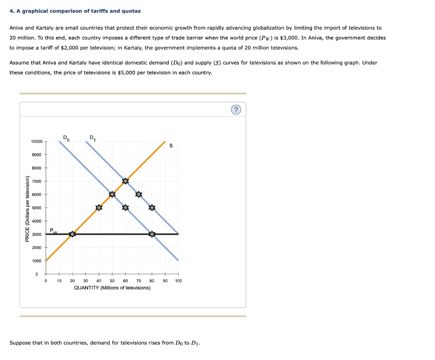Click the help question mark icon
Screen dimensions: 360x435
point(236,110)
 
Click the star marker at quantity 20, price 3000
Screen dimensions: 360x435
point(72,234)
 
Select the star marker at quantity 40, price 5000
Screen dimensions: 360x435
point(99,207)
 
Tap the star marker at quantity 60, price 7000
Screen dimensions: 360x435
point(125,181)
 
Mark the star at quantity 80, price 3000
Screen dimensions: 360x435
point(152,234)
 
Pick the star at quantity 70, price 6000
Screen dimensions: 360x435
point(138,194)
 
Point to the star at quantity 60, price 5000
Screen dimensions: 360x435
point(125,207)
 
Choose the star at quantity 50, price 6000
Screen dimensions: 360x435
point(112,194)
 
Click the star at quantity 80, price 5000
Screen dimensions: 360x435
point(152,207)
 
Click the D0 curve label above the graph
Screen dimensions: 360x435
point(65,137)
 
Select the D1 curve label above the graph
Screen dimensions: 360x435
point(93,137)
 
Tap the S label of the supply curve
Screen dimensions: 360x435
point(171,146)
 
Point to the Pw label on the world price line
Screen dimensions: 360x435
point(53,231)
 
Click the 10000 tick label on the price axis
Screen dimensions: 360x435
point(37,141)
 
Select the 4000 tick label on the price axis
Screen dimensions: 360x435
point(37,221)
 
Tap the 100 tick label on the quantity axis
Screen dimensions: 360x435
point(178,281)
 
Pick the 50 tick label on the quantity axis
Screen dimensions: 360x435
point(112,281)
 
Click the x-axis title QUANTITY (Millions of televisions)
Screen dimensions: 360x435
point(112,288)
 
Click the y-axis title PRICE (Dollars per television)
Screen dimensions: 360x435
point(27,209)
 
